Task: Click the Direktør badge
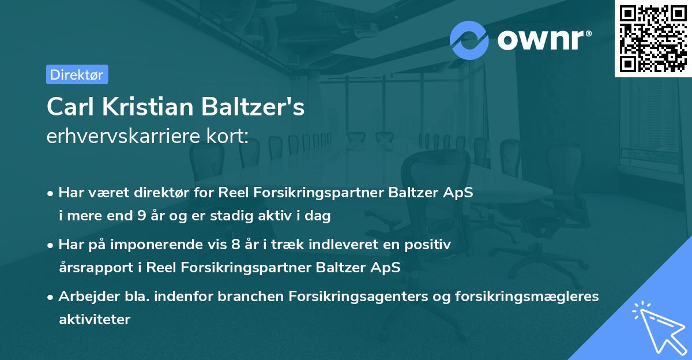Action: (x=77, y=74)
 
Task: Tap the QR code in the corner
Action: (x=653, y=38)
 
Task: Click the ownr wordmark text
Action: (x=543, y=40)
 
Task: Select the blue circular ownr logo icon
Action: (x=469, y=40)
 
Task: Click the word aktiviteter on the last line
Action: (x=95, y=318)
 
